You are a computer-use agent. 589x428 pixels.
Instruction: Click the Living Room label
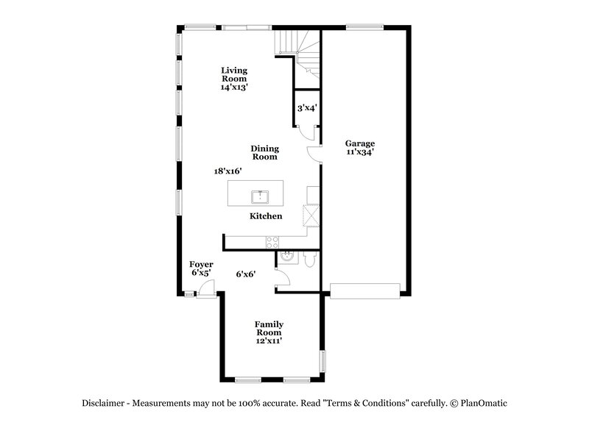coord(234,79)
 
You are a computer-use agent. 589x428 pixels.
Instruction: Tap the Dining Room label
coord(264,152)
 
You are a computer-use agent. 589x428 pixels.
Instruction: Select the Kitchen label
coord(266,216)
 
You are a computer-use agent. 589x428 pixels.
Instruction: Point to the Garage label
coord(361,148)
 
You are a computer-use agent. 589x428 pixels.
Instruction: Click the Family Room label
coord(269,332)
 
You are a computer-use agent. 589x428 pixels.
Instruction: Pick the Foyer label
coord(201,268)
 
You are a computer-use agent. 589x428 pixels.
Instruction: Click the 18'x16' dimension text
coord(228,171)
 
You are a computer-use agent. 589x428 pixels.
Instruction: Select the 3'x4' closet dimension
coord(306,108)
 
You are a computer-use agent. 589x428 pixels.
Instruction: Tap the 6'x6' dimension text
coord(245,274)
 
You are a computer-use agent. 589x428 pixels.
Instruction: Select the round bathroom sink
coord(286,257)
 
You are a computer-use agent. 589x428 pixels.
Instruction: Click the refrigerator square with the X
coord(311,215)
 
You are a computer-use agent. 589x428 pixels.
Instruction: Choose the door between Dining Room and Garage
coord(315,154)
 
